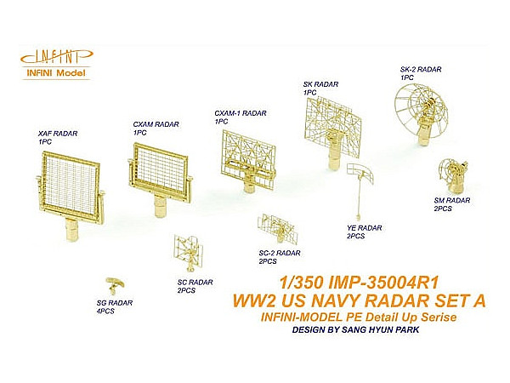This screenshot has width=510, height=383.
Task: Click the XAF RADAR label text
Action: click(x=58, y=134)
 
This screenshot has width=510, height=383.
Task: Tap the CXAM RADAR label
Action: click(x=156, y=124)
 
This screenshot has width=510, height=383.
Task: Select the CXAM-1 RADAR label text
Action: click(x=241, y=113)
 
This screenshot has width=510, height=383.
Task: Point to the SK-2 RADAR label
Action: click(x=421, y=70)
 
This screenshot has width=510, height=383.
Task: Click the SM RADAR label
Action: click(x=452, y=200)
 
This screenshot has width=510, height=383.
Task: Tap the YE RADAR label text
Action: click(x=365, y=228)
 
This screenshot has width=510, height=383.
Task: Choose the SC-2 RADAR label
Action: click(x=280, y=253)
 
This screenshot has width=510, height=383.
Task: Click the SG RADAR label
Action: click(x=115, y=303)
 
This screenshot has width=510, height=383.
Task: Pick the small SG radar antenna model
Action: click(x=115, y=285)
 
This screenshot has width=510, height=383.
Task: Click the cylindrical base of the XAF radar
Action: click(x=72, y=230)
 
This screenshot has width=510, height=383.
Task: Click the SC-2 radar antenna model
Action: click(x=277, y=229)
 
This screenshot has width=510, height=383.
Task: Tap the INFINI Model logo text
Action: click(x=56, y=72)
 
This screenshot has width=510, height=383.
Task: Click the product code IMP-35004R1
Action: click(x=384, y=283)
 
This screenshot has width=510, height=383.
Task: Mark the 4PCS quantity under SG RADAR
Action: click(x=105, y=312)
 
